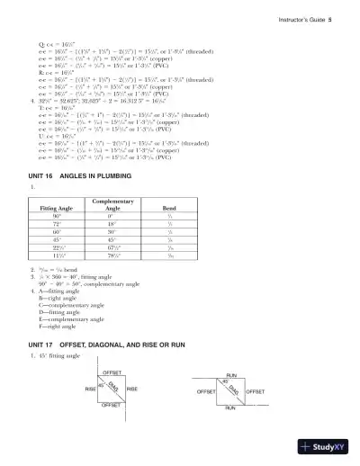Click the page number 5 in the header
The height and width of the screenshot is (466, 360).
331,17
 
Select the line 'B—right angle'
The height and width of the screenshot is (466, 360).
57,296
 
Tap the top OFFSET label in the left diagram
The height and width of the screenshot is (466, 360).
112,372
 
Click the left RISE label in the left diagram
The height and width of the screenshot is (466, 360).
90,389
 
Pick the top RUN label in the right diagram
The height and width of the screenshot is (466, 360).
231,373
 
